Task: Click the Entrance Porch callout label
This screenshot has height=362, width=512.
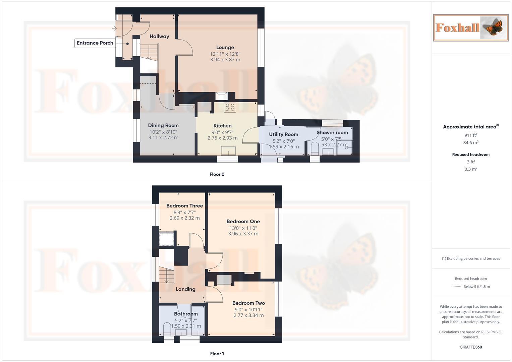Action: pos(95,43)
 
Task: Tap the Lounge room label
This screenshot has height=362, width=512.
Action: pos(225,48)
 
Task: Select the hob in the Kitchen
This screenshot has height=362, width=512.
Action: pos(230,107)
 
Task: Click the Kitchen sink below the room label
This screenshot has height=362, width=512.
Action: pos(228,151)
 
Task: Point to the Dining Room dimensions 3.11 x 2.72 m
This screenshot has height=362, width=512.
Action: pos(163,137)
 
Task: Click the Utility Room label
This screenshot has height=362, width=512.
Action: pos(283,134)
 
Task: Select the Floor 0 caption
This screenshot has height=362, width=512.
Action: pos(217,174)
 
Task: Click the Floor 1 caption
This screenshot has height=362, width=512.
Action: pos(217,354)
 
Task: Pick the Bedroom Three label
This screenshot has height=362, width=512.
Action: pos(184,206)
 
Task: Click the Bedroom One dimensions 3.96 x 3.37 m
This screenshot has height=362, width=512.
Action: pos(243,234)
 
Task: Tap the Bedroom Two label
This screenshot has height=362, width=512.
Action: pos(248,303)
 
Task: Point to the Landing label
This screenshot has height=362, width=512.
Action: pos(185,289)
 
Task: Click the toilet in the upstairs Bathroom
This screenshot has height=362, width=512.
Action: pos(167,328)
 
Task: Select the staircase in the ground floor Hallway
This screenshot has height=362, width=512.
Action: pos(149,52)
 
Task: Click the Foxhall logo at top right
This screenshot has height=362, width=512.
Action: pos(470,27)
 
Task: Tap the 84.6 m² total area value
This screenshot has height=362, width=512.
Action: pos(471,142)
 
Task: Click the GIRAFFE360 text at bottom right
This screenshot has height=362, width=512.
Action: pos(471,347)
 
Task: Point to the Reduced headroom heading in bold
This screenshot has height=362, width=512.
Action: pos(471,155)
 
